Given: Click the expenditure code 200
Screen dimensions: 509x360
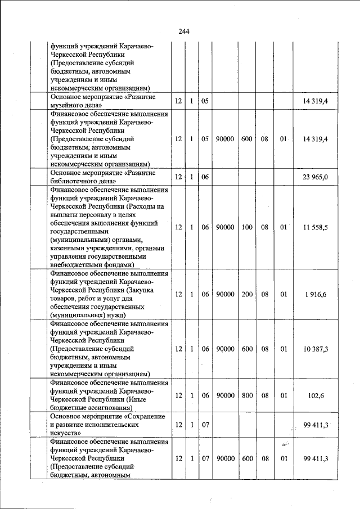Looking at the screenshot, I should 247,294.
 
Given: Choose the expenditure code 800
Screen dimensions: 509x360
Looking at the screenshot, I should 247,396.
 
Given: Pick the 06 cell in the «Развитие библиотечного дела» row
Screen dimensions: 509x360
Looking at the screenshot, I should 205,177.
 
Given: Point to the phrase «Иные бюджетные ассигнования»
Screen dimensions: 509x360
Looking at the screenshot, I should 96,404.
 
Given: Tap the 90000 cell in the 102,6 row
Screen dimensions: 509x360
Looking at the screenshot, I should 225,396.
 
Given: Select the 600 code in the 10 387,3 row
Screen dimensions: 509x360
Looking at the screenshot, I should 247,349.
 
